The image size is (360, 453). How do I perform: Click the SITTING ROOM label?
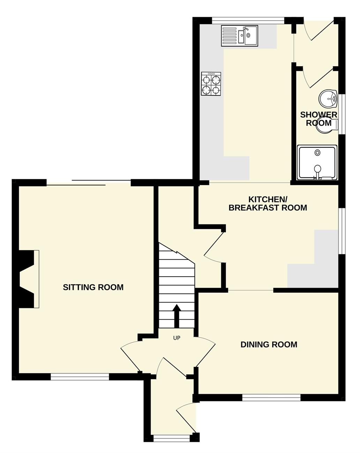[x=93, y=287]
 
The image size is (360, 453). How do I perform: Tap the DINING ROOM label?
[x=269, y=344]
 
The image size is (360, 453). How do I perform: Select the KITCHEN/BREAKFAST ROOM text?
[x=268, y=204]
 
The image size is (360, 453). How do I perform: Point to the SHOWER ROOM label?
[x=318, y=119]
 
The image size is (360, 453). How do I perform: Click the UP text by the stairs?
[x=177, y=338]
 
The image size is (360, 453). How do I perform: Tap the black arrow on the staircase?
[x=177, y=316]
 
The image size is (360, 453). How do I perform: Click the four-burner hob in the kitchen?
[x=211, y=84]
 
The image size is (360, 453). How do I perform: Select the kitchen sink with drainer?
[x=239, y=36]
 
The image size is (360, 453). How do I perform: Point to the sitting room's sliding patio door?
[x=89, y=183]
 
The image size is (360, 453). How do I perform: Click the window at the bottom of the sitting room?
[x=80, y=377]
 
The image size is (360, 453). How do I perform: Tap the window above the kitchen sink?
[x=248, y=21]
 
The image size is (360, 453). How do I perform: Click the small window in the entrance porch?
[x=172, y=437]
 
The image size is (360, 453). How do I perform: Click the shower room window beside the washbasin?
[x=342, y=114]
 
